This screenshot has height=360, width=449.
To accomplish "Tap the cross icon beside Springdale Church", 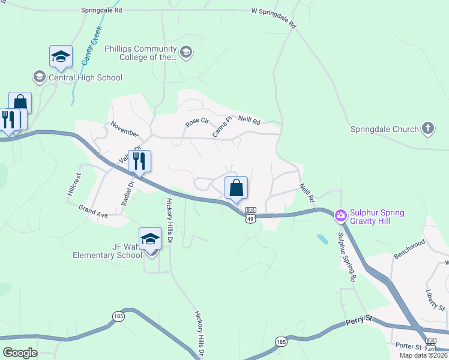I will click(x=427, y=128).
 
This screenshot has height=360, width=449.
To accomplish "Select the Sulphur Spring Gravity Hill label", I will click(x=378, y=217).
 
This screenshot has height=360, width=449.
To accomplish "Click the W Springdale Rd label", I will click(x=274, y=17).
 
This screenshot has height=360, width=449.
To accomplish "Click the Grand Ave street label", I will click(x=92, y=211).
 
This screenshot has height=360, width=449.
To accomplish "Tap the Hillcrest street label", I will click(x=73, y=187).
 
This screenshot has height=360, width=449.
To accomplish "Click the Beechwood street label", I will click(x=409, y=249).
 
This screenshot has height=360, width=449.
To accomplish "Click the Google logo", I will click(x=20, y=353).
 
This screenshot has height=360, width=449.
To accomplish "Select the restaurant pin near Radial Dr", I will click(x=139, y=161).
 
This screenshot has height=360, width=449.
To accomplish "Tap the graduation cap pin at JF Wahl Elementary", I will click(x=150, y=239).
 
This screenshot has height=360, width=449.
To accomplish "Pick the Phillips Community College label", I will click(x=140, y=53).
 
